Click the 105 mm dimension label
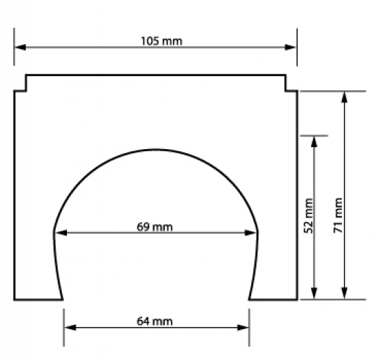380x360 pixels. point(161,41)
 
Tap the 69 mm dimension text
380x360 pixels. point(155,227)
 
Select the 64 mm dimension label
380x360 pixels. point(155,321)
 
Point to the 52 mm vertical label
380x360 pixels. point(308,216)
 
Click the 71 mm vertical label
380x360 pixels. point(338,215)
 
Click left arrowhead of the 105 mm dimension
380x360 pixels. point(20,47)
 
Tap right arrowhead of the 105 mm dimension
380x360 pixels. point(291,47)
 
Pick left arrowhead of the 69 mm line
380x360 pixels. point(61,233)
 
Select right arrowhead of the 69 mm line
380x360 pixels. point(251,233)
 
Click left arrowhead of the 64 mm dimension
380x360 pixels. point(70,328)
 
